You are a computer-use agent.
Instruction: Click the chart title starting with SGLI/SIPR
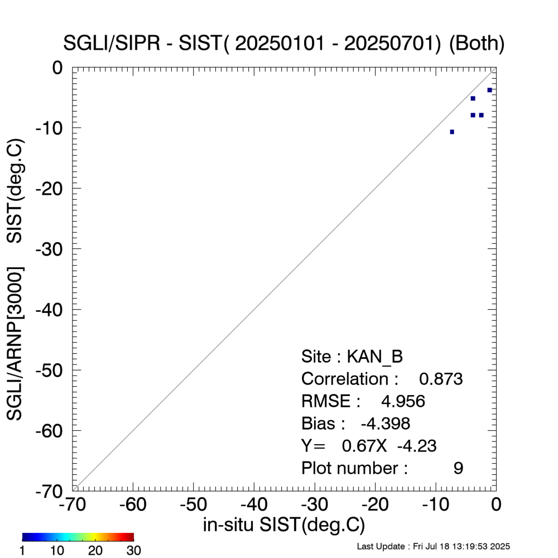pyautogui.click(x=285, y=44)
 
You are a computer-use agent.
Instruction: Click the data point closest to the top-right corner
pyautogui.click(x=489, y=90)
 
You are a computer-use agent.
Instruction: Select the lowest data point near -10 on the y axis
pyautogui.click(x=452, y=132)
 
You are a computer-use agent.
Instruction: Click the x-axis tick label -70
pyautogui.click(x=73, y=504)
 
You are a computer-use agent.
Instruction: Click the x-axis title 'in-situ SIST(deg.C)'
pyautogui.click(x=284, y=525)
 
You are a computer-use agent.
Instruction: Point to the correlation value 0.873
pyautogui.click(x=441, y=379)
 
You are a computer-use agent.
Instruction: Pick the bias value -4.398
pyautogui.click(x=386, y=424)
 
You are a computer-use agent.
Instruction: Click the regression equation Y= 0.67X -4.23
pyautogui.click(x=369, y=446)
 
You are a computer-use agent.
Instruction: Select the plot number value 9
pyautogui.click(x=458, y=468)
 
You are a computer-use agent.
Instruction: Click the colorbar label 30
pyautogui.click(x=133, y=551)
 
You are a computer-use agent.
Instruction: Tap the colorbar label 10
pyautogui.click(x=57, y=551)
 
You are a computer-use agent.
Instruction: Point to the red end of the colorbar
pyautogui.click(x=131, y=537)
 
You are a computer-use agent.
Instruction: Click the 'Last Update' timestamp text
pyautogui.click(x=433, y=546)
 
